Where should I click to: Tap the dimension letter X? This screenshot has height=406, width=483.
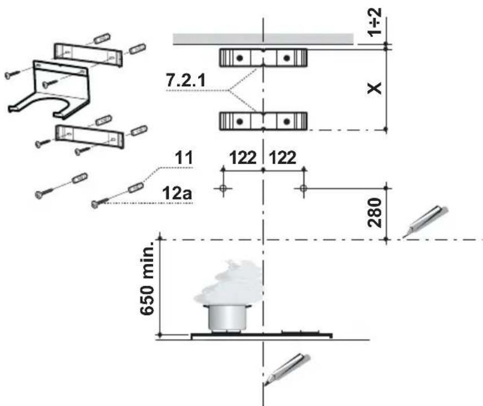tap(376, 88)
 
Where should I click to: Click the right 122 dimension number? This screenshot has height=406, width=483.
tap(284, 158)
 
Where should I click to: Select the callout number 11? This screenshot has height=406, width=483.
tap(183, 159)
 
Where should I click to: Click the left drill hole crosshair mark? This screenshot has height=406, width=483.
tap(223, 188)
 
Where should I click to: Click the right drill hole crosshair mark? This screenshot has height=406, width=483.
tap(304, 188)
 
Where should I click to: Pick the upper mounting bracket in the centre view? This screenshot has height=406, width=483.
tap(264, 58)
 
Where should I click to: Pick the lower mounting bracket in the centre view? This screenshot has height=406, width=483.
tap(264, 120)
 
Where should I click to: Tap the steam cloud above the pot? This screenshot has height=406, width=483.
tap(229, 285)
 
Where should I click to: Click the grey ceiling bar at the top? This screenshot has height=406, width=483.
tap(263, 38)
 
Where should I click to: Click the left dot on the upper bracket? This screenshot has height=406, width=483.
tap(239, 58)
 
